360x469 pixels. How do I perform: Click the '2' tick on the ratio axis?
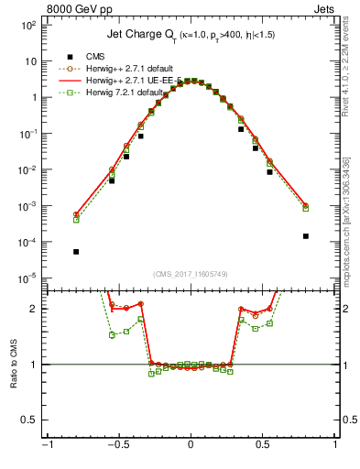[32, 309]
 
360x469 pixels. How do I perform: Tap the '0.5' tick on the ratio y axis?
[27, 420]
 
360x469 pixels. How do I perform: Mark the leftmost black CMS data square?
[76, 251]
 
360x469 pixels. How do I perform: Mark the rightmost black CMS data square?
[305, 235]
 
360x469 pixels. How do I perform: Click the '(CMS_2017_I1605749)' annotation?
[191, 274]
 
